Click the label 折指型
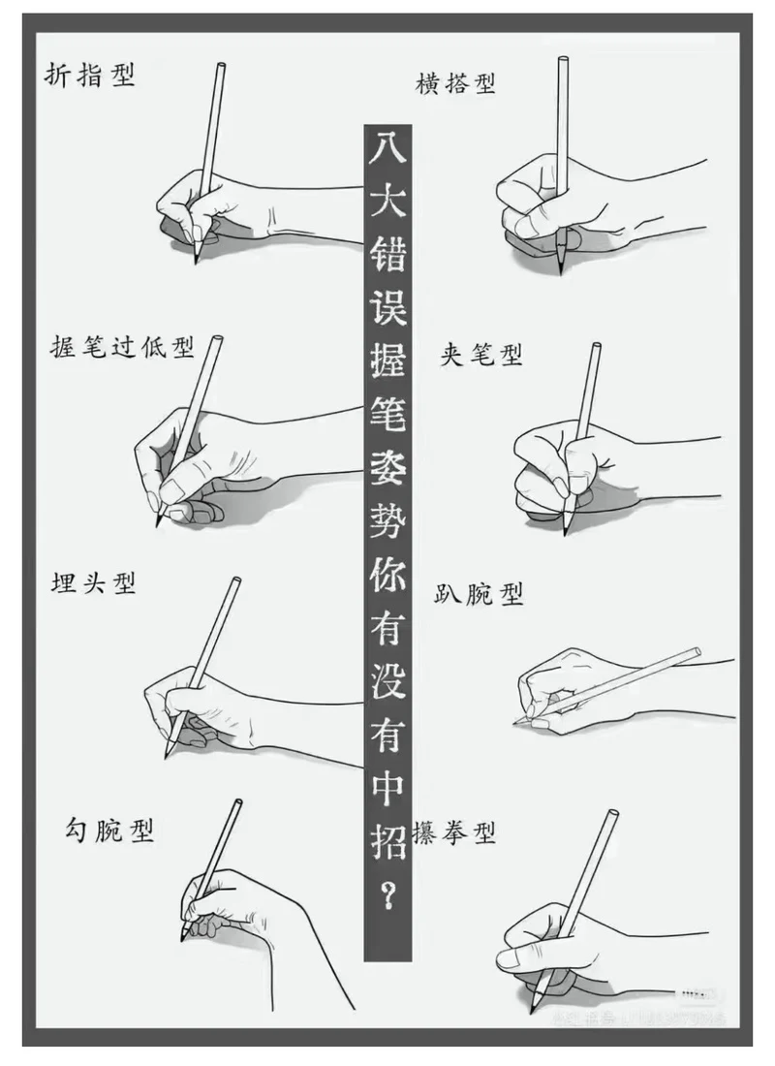[x=90, y=76]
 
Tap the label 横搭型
[x=455, y=83]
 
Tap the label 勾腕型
[x=109, y=830]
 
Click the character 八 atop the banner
[x=387, y=150]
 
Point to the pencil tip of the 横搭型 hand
[x=562, y=272]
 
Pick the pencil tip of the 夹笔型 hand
[x=566, y=531]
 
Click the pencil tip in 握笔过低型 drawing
[x=157, y=525]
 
